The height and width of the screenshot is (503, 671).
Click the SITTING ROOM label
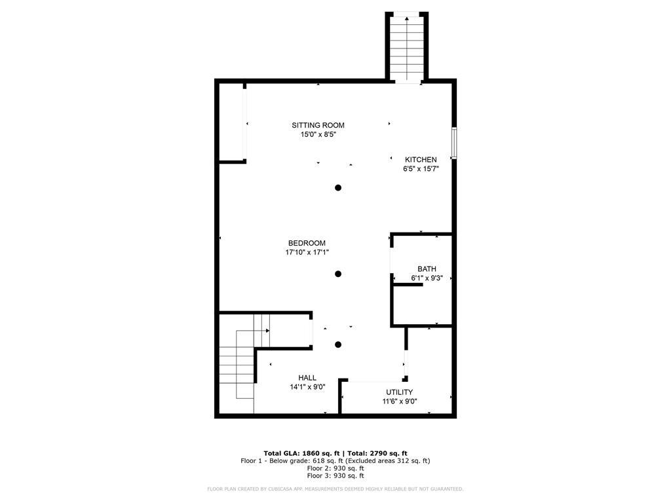[x=318, y=125]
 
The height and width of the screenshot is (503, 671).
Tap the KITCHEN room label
[x=421, y=160]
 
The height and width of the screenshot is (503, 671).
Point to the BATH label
[x=427, y=269]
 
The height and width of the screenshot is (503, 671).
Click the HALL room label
[x=307, y=378]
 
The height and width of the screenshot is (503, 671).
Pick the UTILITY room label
[x=399, y=392]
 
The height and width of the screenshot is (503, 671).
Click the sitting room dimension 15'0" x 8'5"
[x=318, y=135]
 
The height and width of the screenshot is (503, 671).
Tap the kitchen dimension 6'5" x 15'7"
[x=421, y=169]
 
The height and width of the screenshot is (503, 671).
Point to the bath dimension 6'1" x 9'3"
[x=427, y=278]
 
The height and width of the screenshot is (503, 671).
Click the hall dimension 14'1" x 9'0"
[x=307, y=387]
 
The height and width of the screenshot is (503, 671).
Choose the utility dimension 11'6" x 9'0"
[x=400, y=401]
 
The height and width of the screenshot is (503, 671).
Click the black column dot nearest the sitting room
[x=338, y=188]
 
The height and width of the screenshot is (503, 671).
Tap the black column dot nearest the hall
[x=338, y=345]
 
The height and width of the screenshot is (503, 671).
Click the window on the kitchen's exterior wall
[x=453, y=143]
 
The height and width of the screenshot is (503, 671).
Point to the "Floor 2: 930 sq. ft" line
[x=335, y=468]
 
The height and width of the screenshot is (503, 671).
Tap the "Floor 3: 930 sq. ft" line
[x=335, y=476]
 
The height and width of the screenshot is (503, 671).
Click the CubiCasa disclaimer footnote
[x=335, y=489]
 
